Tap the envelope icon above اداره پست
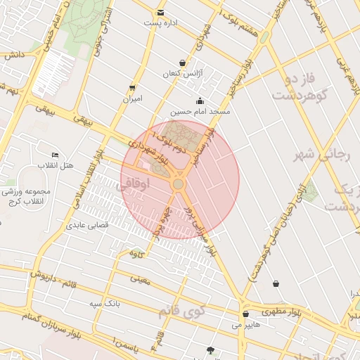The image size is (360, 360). [x=161, y=13]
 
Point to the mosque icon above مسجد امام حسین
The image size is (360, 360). [x=200, y=101]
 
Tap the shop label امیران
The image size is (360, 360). [x=132, y=99]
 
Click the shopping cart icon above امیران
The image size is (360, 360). [x=132, y=88]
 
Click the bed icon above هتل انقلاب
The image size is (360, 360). [x=55, y=155]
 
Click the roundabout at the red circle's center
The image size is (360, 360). [x=179, y=184]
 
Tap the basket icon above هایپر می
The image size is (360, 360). [x=245, y=314]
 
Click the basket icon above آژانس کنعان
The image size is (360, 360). [x=183, y=63]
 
